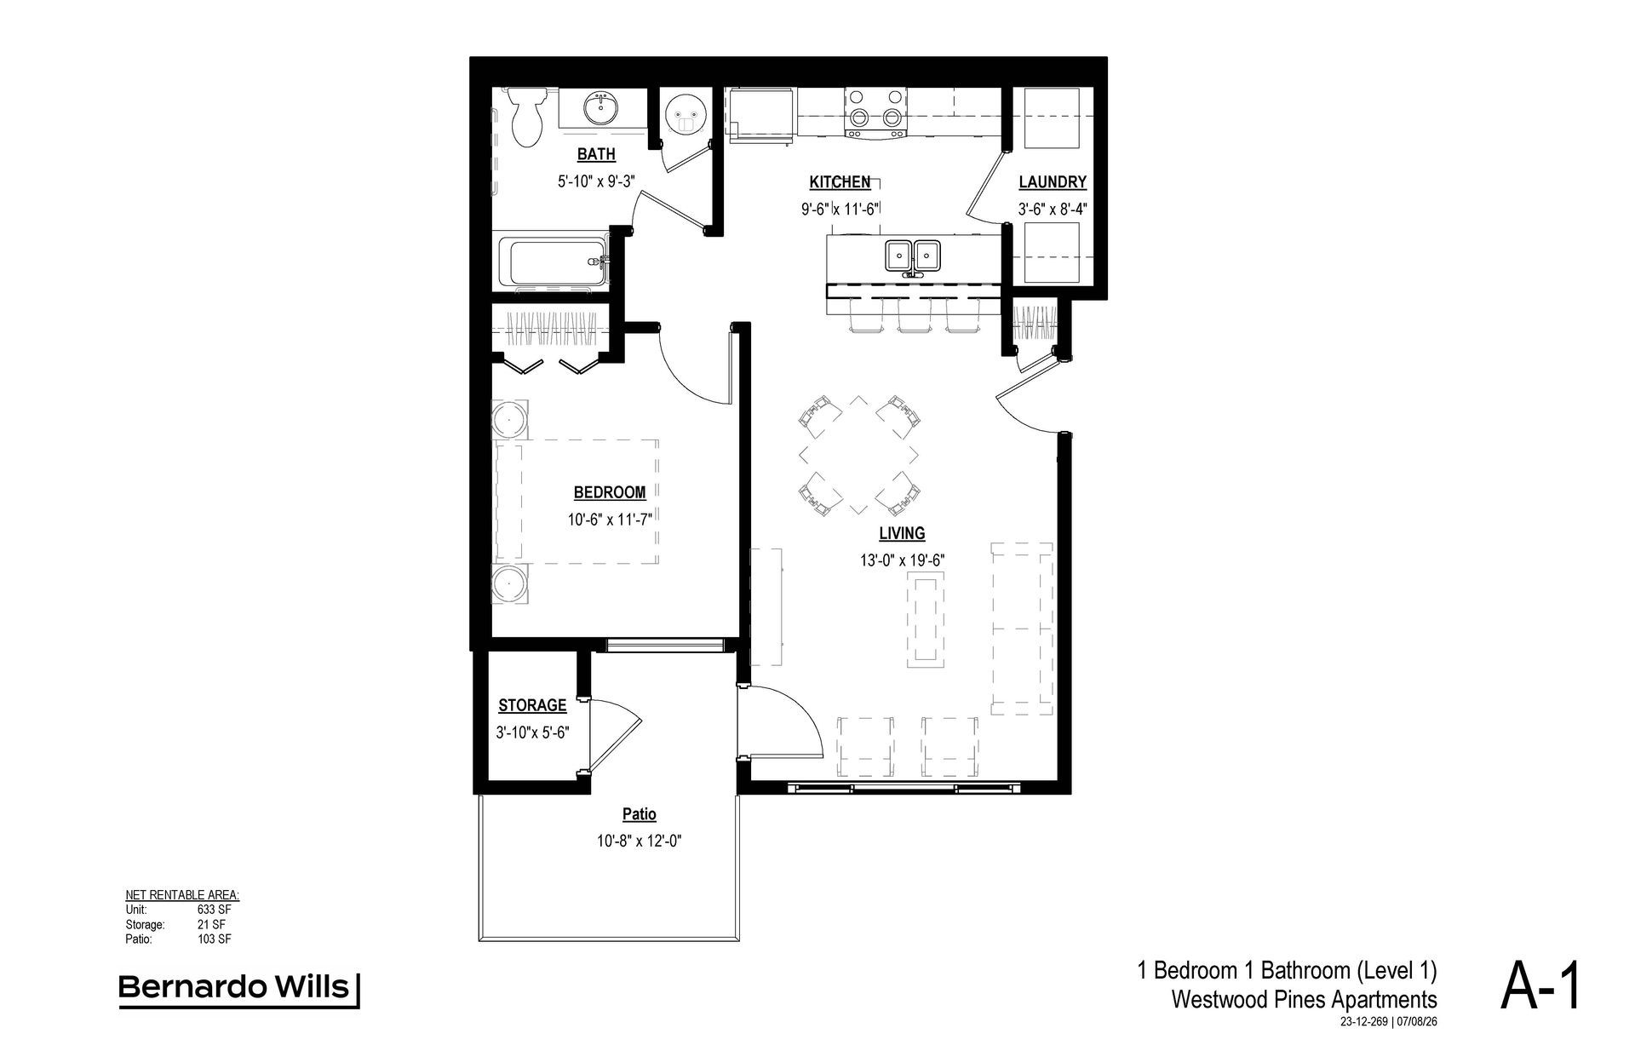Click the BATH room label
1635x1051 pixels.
596,154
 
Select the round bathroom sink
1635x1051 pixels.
601,108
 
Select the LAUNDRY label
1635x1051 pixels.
1053,181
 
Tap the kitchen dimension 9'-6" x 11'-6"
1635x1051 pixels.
840,209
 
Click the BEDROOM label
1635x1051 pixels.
610,492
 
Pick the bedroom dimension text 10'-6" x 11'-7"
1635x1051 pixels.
610,519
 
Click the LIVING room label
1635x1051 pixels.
902,533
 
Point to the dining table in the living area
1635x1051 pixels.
859,455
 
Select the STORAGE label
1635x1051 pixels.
532,705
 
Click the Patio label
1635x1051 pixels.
639,814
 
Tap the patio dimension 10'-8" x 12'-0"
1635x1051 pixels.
640,841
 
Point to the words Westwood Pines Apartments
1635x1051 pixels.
1304,998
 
